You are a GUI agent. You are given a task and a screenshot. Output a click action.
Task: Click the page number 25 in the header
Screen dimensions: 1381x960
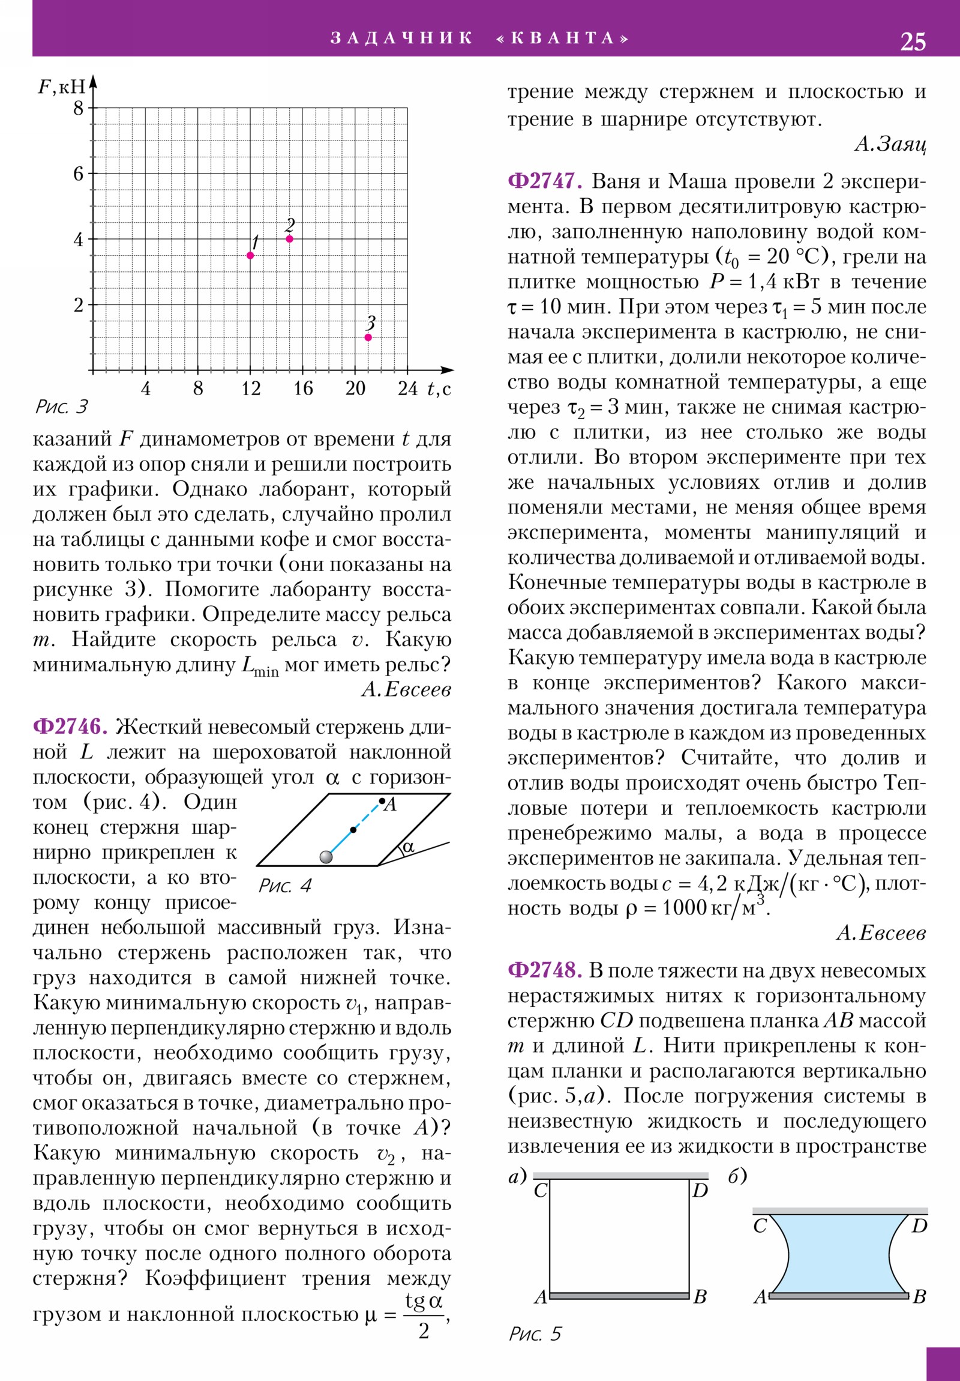(x=912, y=41)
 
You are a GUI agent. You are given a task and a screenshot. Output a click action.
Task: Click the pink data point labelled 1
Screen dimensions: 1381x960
(x=251, y=256)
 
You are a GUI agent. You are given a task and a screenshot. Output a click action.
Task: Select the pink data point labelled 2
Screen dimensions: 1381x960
(x=290, y=239)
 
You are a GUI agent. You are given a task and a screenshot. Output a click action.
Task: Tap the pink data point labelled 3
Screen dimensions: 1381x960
(x=368, y=337)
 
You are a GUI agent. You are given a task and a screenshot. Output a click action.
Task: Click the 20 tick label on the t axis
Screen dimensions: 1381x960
(x=355, y=388)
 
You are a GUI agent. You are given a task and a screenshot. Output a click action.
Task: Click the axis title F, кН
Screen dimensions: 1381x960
(x=62, y=86)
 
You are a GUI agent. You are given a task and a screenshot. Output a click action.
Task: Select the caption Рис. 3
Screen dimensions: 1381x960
(x=62, y=407)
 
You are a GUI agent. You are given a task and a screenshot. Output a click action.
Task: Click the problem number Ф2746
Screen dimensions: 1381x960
(x=70, y=727)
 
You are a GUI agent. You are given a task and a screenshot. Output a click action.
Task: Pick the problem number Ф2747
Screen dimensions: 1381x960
(x=545, y=181)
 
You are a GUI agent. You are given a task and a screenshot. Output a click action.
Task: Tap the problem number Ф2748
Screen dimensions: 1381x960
(x=545, y=970)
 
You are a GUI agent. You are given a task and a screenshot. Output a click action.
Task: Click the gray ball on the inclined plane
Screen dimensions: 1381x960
(x=326, y=856)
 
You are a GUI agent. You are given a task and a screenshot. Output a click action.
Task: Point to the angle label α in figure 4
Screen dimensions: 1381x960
(x=408, y=846)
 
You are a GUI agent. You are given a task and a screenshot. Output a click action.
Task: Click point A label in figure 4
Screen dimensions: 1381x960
(x=391, y=805)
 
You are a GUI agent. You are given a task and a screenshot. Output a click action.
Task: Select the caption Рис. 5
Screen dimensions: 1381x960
(x=535, y=1334)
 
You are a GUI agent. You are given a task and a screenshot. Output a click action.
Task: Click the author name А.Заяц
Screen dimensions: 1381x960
(x=890, y=144)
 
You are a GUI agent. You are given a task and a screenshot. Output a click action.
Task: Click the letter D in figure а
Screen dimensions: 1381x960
(x=700, y=1190)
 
